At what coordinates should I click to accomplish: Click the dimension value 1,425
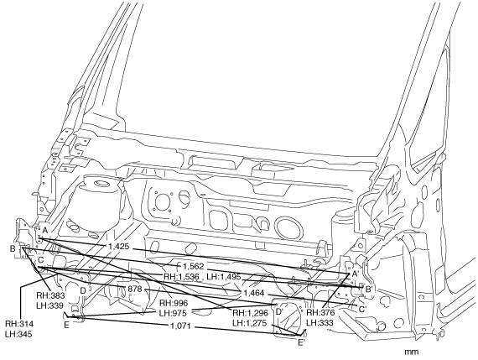(x=119, y=246)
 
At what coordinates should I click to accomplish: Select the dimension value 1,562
(x=193, y=266)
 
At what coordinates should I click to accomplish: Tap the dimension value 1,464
(x=253, y=293)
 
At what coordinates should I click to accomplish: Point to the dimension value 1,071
(x=180, y=326)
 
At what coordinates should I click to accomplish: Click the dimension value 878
(x=135, y=289)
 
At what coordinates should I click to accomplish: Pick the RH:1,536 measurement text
(x=181, y=277)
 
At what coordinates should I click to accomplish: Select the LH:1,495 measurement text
(x=224, y=277)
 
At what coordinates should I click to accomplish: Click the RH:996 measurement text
(x=174, y=303)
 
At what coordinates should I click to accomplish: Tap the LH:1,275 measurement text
(x=250, y=323)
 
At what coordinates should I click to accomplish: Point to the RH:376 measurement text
(x=320, y=313)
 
